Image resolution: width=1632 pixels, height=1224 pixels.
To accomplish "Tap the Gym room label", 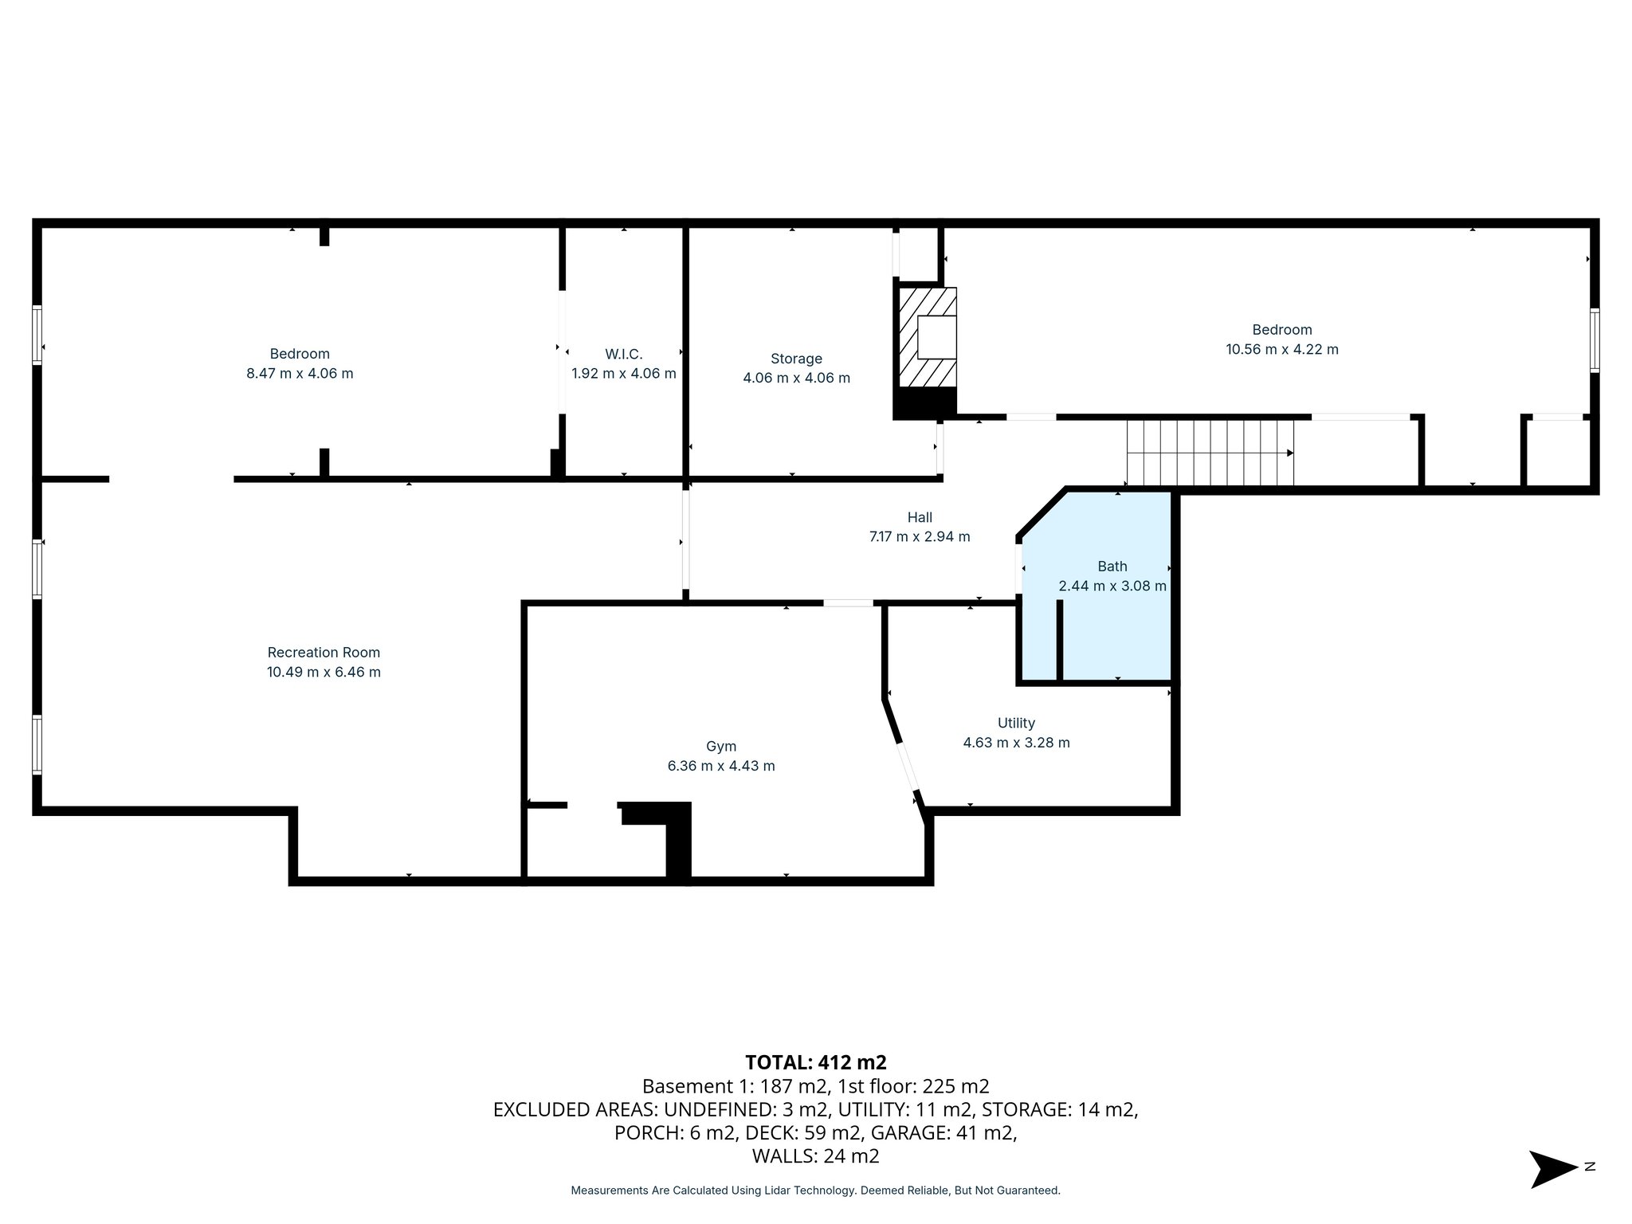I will [x=720, y=747].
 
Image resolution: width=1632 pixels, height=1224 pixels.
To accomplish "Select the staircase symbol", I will [x=1209, y=453].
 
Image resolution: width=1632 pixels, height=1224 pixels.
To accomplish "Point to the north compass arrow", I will [x=1552, y=1169].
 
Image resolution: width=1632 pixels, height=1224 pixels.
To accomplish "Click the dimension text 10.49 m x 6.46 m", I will [x=324, y=672].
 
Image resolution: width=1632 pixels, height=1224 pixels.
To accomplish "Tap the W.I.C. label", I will [x=623, y=354].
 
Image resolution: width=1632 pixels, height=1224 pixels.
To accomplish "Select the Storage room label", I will [x=796, y=359].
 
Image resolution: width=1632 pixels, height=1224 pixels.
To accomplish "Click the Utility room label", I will [x=1016, y=723].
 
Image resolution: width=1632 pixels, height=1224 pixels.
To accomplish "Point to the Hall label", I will [x=919, y=517].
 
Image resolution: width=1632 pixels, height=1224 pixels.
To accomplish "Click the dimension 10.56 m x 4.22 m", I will [x=1281, y=349].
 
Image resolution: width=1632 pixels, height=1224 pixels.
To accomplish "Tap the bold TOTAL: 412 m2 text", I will [x=815, y=1062].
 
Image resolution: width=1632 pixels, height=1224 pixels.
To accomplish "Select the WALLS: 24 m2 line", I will [x=815, y=1155].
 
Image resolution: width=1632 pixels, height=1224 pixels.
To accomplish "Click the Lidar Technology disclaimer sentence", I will [x=815, y=1191].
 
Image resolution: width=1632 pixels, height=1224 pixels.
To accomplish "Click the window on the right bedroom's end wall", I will [x=1594, y=341].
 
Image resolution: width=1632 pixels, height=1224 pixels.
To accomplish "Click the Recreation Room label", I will [x=324, y=652].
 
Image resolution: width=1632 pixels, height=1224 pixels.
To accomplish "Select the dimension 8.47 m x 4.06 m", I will [x=300, y=373].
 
